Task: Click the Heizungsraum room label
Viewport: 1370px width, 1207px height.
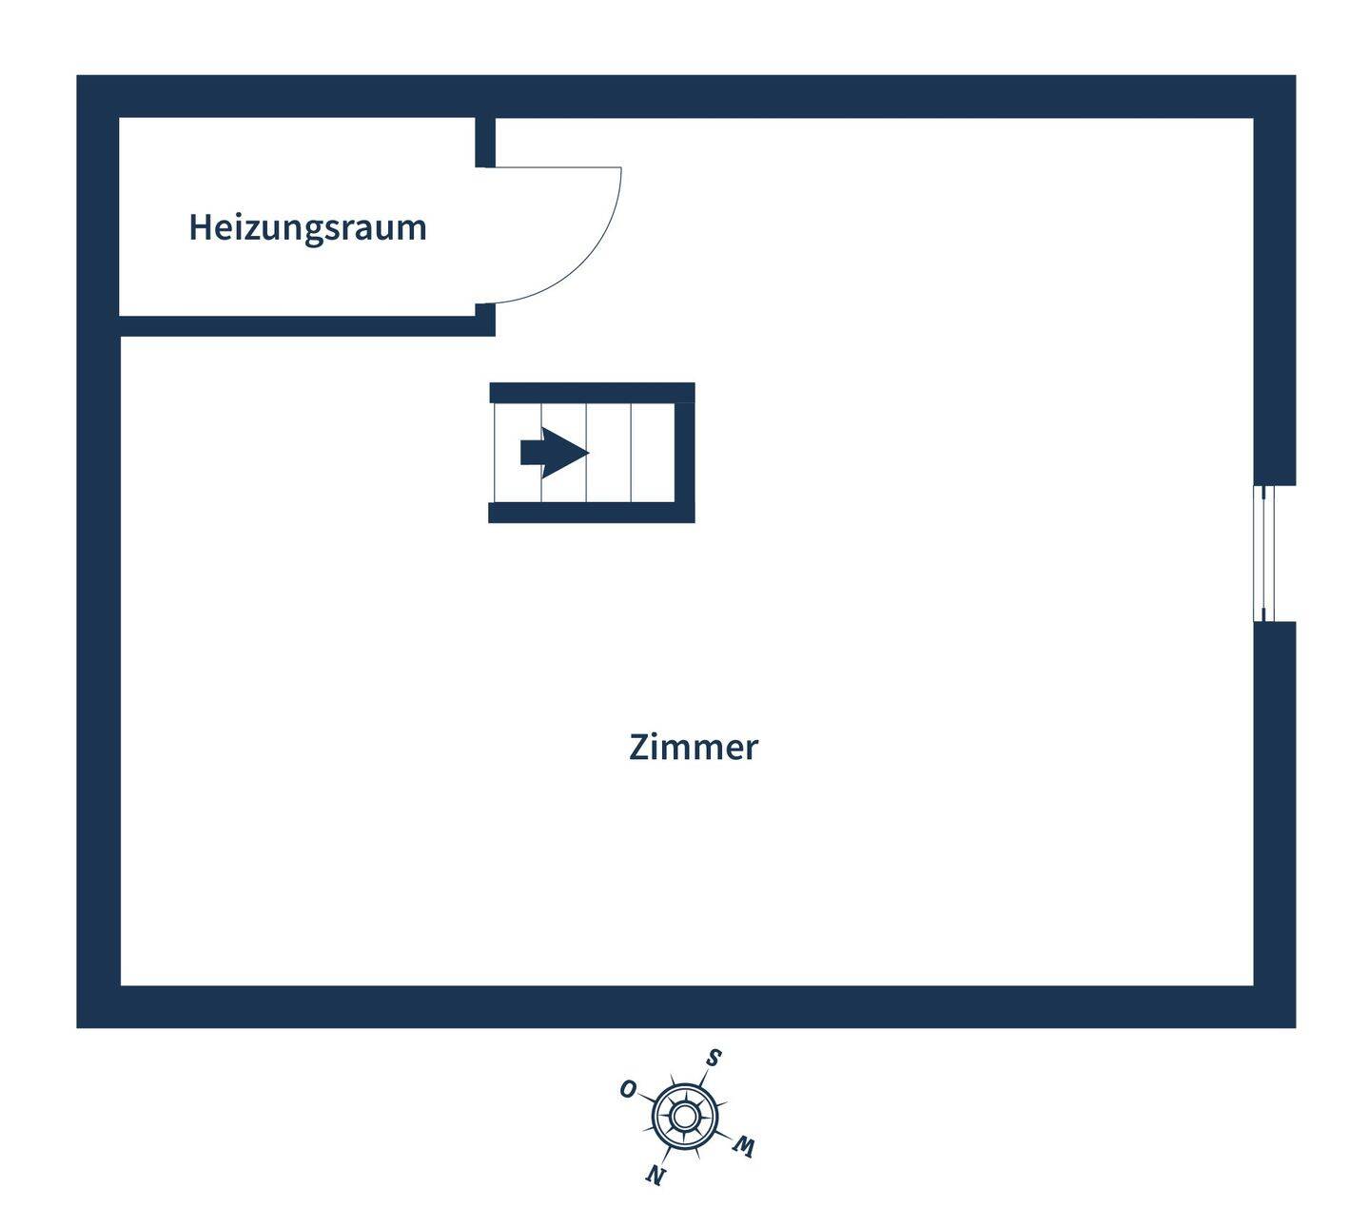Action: click(x=307, y=228)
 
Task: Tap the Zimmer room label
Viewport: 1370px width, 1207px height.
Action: click(x=693, y=748)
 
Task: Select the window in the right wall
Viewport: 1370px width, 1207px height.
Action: click(x=1264, y=554)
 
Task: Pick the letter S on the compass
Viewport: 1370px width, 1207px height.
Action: click(x=714, y=1058)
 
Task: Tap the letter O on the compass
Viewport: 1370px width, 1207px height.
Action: click(x=628, y=1089)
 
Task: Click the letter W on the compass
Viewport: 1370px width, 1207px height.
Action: click(x=744, y=1147)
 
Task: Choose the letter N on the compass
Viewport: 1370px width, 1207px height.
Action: click(x=656, y=1176)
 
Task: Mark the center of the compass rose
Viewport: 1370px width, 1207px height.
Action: click(x=683, y=1114)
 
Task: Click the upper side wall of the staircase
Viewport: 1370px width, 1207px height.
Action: click(x=592, y=393)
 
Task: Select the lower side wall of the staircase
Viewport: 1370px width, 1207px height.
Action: click(x=592, y=513)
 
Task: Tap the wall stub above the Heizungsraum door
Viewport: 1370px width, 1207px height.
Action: click(x=485, y=142)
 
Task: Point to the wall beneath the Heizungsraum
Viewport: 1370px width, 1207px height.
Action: click(x=304, y=326)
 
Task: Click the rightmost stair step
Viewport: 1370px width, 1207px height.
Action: click(x=654, y=453)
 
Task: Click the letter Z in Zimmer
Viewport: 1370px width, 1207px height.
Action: click(x=639, y=748)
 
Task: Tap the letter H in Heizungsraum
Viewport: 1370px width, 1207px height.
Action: click(x=199, y=228)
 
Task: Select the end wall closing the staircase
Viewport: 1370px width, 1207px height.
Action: click(x=685, y=453)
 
